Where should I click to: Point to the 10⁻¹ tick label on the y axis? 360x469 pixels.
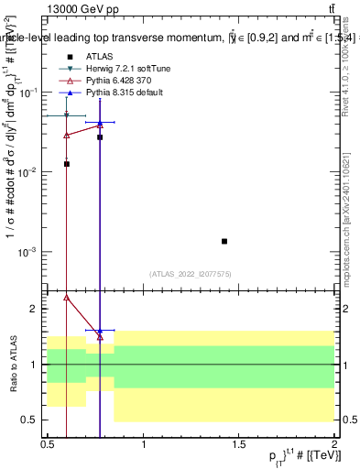coord(29,93)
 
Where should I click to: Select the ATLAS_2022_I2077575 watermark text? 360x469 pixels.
coord(191,274)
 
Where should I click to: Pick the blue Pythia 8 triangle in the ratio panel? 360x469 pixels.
coord(100,331)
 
